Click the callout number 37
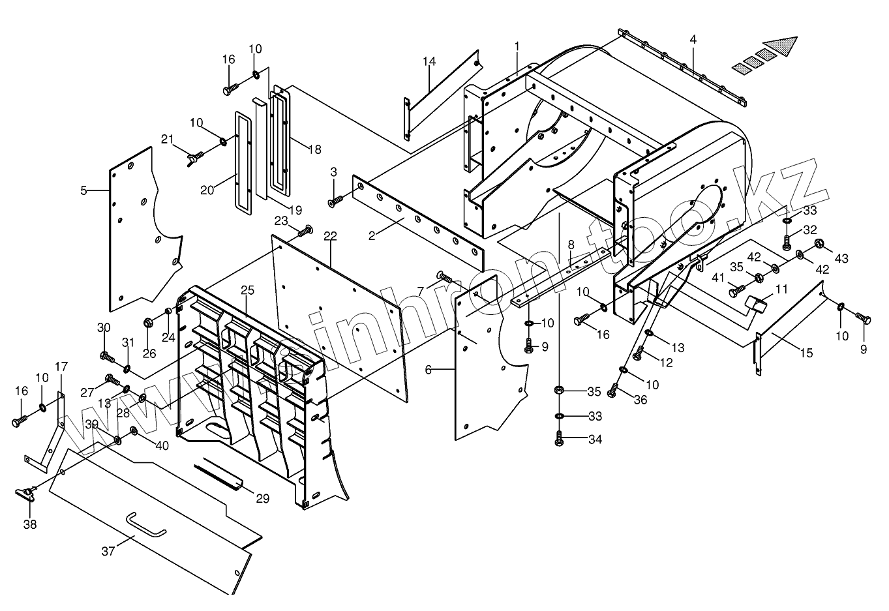click(x=108, y=551)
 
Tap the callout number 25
click(x=247, y=290)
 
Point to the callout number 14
click(x=429, y=62)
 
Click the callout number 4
click(x=693, y=40)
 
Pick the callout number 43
click(x=842, y=259)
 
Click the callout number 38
click(x=31, y=524)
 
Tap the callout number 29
click(x=262, y=499)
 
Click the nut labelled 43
click(x=820, y=245)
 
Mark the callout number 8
click(x=571, y=245)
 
